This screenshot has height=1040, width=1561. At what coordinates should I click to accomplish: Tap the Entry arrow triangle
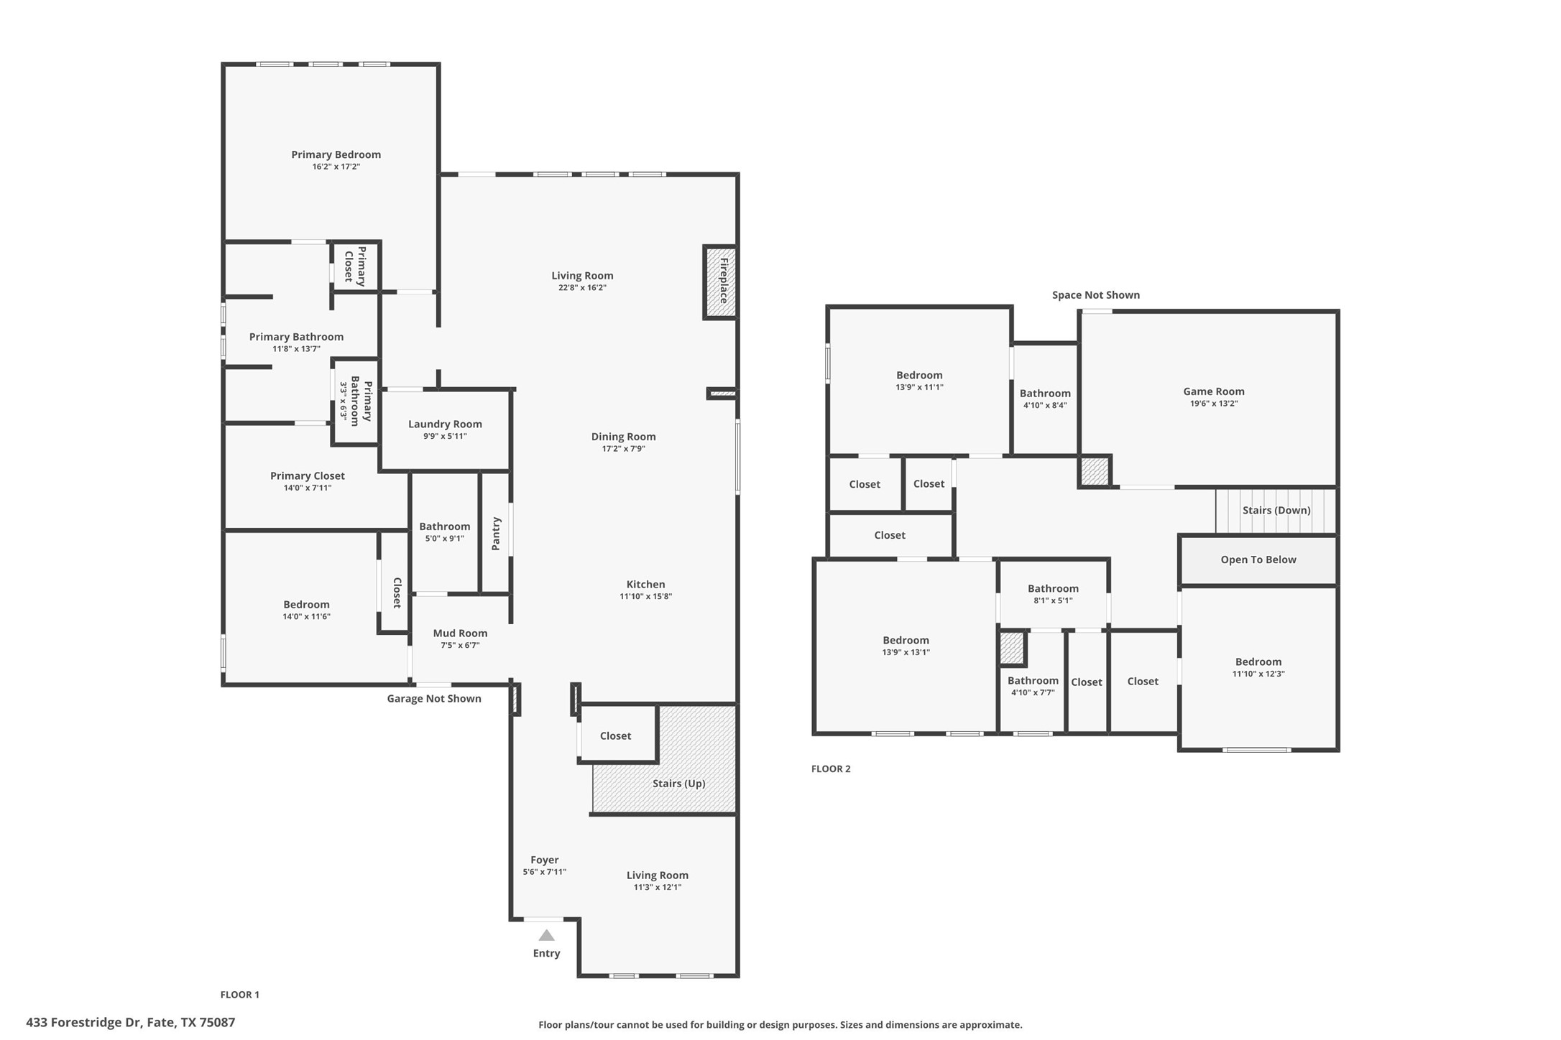click(x=546, y=935)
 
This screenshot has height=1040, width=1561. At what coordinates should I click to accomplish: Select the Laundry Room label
click(x=445, y=424)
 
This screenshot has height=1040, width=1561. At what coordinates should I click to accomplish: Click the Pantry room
click(x=495, y=533)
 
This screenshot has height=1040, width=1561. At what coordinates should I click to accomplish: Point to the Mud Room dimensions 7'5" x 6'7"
click(x=460, y=645)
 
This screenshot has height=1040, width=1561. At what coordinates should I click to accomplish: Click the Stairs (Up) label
click(x=678, y=783)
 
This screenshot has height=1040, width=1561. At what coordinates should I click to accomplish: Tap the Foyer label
click(x=544, y=860)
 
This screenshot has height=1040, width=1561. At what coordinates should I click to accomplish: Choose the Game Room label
click(x=1213, y=391)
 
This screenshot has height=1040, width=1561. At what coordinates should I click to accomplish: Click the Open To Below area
click(x=1258, y=560)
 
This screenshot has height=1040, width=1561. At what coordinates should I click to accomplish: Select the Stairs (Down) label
click(x=1276, y=510)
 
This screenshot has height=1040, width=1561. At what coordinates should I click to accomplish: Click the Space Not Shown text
click(x=1095, y=295)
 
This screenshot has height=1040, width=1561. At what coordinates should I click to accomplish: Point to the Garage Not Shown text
click(x=433, y=699)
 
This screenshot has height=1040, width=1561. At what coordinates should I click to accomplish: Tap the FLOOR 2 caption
click(x=830, y=769)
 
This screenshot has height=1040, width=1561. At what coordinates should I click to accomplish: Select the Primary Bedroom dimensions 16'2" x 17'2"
click(x=336, y=167)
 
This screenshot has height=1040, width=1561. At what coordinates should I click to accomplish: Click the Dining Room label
click(x=623, y=437)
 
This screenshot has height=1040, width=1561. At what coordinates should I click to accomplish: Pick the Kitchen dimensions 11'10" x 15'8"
click(x=645, y=596)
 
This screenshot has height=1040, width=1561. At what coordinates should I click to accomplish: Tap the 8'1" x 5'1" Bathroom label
click(x=1052, y=589)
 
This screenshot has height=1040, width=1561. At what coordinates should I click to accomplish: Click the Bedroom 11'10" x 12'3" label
click(x=1258, y=662)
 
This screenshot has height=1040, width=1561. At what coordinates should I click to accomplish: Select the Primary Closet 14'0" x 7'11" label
click(x=307, y=476)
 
